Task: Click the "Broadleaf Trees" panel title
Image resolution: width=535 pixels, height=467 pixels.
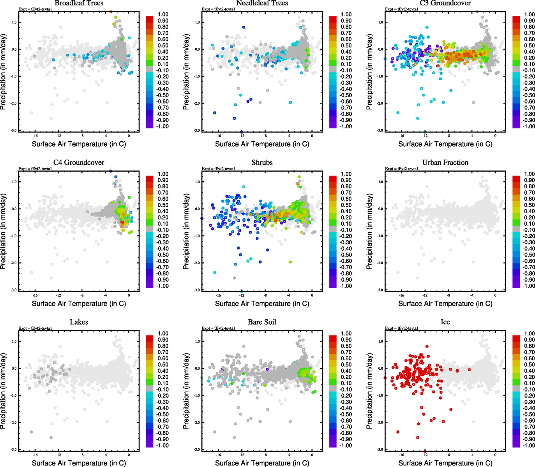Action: [x=79, y=3]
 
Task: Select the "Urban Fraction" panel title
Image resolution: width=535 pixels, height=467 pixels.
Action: [x=445, y=163]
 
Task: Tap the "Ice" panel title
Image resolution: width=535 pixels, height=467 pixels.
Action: [x=445, y=322]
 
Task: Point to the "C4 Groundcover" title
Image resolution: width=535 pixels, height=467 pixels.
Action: [x=79, y=163]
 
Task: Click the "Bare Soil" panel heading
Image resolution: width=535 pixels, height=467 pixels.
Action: [x=262, y=322]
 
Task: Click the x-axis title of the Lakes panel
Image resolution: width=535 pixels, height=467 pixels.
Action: [x=79, y=463]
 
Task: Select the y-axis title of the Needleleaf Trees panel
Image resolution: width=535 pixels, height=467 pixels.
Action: [x=186, y=72]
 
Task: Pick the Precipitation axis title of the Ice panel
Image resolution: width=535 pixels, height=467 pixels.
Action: [x=369, y=391]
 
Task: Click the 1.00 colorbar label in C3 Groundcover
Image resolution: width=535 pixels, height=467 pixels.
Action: [x=529, y=14]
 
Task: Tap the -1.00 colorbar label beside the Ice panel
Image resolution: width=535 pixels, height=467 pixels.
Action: [x=528, y=446]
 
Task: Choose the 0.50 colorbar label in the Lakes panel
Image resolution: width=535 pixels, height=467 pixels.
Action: [x=163, y=365]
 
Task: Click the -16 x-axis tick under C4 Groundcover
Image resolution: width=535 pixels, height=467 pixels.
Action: [x=35, y=296]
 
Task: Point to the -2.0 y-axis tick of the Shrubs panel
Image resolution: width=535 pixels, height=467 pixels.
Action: [x=197, y=263]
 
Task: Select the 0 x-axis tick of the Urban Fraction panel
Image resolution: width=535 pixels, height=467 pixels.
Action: [x=495, y=296]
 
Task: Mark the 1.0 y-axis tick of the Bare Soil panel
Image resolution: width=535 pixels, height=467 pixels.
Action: [x=197, y=341]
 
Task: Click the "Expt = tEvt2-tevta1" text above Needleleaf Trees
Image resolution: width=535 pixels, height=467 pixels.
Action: [x=218, y=9]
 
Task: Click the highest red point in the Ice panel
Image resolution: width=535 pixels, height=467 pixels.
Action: [x=427, y=346]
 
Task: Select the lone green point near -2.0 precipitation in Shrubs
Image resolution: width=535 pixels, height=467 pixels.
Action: [x=290, y=262]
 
